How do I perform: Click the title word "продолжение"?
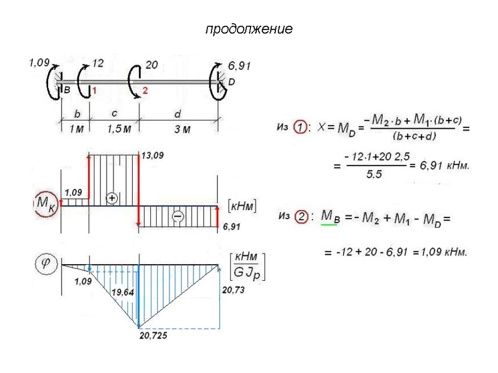[x=249, y=30]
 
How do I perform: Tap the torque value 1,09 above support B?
[x=39, y=62]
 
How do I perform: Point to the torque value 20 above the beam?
[x=152, y=65]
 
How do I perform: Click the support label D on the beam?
[x=231, y=83]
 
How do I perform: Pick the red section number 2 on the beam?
[x=145, y=91]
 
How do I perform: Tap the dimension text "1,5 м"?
[x=119, y=129]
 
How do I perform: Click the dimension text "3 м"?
[x=183, y=130]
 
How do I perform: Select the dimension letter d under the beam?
[x=178, y=115]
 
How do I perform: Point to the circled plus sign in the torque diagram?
[x=112, y=198]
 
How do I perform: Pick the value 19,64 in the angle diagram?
[x=123, y=292]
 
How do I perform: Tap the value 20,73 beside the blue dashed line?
[x=233, y=290]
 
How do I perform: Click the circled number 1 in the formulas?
[x=302, y=128]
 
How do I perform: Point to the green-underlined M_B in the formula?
[x=330, y=217]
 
